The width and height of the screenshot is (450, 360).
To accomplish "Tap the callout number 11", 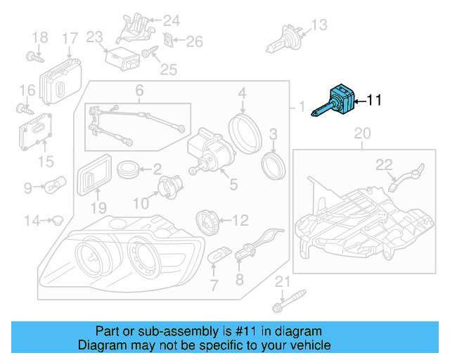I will [x=374, y=101].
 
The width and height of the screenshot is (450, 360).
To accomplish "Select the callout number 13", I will [x=319, y=25].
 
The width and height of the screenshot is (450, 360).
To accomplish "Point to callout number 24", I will [x=172, y=20].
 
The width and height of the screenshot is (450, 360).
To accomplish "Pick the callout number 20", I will [x=361, y=133].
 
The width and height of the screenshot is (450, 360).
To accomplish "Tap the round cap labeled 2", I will [x=128, y=169].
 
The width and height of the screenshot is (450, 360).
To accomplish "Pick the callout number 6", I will [x=139, y=90].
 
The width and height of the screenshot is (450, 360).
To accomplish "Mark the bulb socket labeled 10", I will [x=168, y=187].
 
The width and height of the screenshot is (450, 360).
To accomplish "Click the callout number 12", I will [x=240, y=221].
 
